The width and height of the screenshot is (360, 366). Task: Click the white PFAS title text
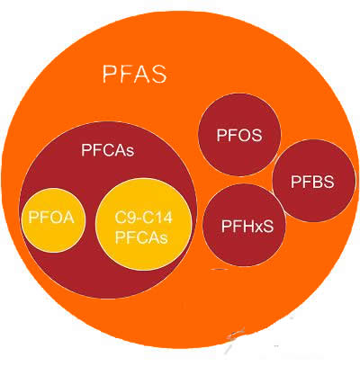[134, 74]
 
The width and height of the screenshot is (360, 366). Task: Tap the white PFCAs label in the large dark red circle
[108, 150]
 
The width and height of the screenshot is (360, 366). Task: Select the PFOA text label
[51, 217]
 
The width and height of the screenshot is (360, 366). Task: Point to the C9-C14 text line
[144, 218]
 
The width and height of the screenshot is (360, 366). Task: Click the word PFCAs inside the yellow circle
[141, 237]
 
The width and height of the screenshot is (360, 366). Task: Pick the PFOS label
[239, 135]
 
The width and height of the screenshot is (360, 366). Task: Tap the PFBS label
[312, 182]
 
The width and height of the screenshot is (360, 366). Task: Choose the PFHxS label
[247, 227]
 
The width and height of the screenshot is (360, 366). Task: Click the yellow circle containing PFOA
[53, 220]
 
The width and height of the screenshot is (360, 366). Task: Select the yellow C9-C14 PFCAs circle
[143, 224]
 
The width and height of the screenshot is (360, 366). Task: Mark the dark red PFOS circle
[239, 135]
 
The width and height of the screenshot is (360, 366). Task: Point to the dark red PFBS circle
[313, 181]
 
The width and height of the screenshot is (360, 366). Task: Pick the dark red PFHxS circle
[244, 225]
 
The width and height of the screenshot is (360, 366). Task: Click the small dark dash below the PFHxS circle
[220, 269]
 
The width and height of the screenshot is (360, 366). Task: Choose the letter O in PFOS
[239, 135]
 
